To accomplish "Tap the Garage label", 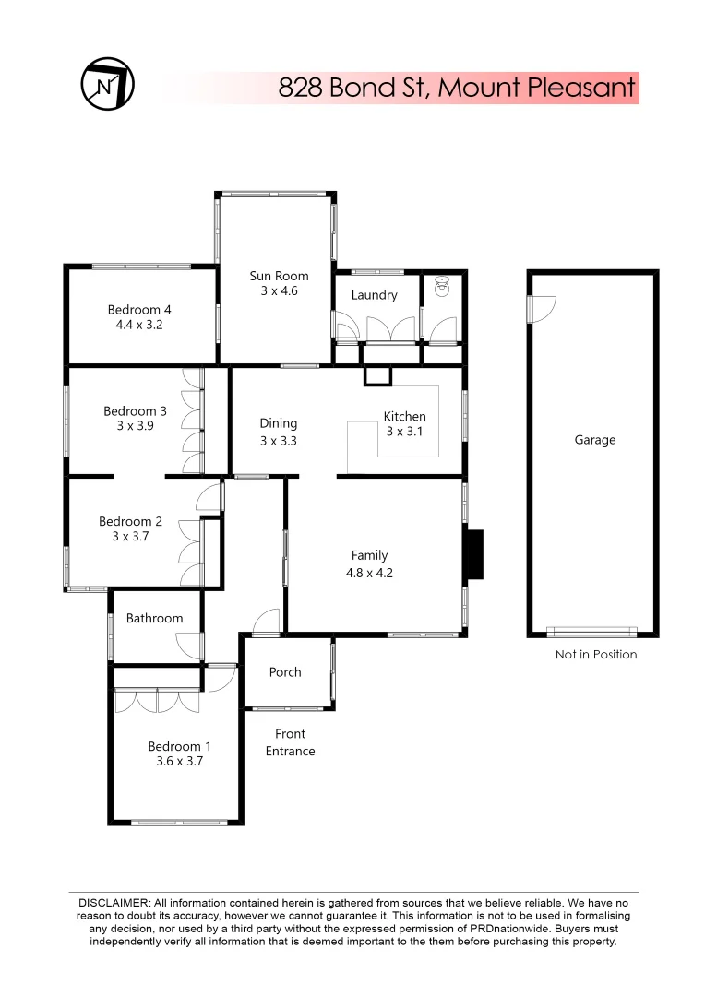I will click(x=594, y=440).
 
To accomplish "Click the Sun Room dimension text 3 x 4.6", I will click(x=279, y=291).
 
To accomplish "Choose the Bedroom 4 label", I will click(x=139, y=310).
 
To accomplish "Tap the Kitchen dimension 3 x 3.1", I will click(x=405, y=432).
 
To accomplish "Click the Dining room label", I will click(x=278, y=423).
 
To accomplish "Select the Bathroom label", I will click(x=154, y=618).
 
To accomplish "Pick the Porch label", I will click(x=285, y=671).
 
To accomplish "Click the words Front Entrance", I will click(x=291, y=742).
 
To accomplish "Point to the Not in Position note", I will click(x=595, y=655).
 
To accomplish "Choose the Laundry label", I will click(x=374, y=295).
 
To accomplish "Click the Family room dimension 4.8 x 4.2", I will click(x=369, y=573).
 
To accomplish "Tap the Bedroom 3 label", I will click(x=135, y=411).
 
